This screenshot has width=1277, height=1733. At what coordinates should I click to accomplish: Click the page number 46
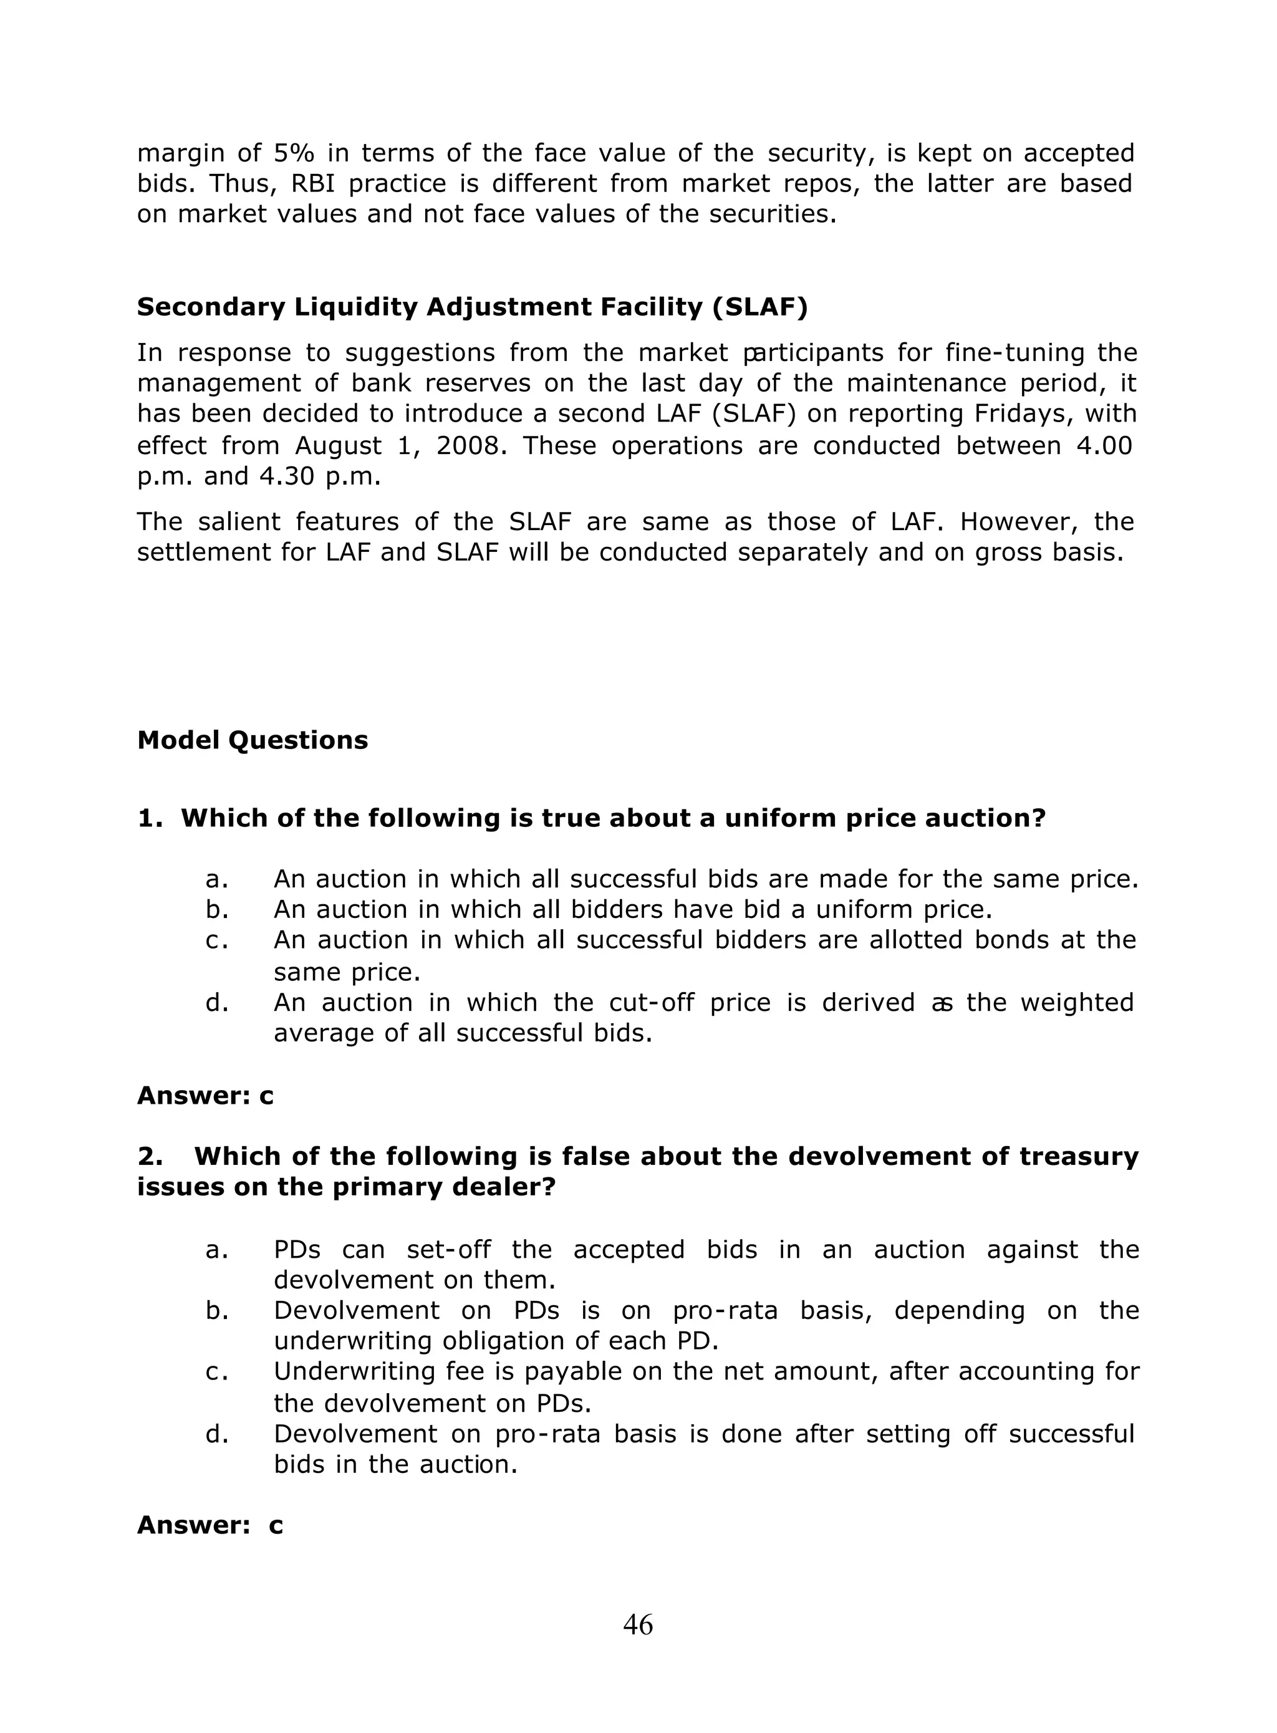pyautogui.click(x=638, y=1624)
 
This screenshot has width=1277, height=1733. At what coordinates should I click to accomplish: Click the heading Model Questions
pyautogui.click(x=252, y=740)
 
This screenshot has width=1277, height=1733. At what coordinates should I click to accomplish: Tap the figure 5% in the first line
pyautogui.click(x=294, y=152)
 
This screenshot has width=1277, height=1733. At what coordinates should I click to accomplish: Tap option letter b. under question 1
pyautogui.click(x=217, y=910)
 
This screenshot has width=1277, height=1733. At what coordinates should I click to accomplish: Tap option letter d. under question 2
pyautogui.click(x=217, y=1434)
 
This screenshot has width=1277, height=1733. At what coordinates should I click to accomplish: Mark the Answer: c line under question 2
pyautogui.click(x=210, y=1525)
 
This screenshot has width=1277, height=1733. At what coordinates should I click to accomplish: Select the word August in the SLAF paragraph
pyautogui.click(x=338, y=446)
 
